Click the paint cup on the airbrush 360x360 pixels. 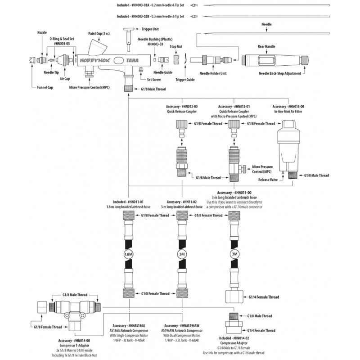click(98, 47)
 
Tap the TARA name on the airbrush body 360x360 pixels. click(132, 61)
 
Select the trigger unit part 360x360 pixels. click(129, 40)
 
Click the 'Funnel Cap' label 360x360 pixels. click(45, 87)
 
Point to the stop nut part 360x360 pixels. click(176, 60)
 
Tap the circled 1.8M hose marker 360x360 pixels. click(128, 254)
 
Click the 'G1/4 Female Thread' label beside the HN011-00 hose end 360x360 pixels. click(264, 297)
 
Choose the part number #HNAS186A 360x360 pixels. click(137, 325)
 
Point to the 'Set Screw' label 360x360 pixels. click(154, 80)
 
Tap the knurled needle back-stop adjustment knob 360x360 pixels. click(305, 60)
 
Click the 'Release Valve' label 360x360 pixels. click(268, 180)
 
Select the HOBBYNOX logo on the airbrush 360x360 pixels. click(95, 61)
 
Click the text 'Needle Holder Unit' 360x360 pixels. click(213, 73)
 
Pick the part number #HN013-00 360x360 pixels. click(296, 107)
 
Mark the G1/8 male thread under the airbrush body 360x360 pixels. click(129, 88)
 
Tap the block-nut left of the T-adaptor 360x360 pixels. click(42, 307)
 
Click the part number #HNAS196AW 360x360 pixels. click(189, 325)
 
